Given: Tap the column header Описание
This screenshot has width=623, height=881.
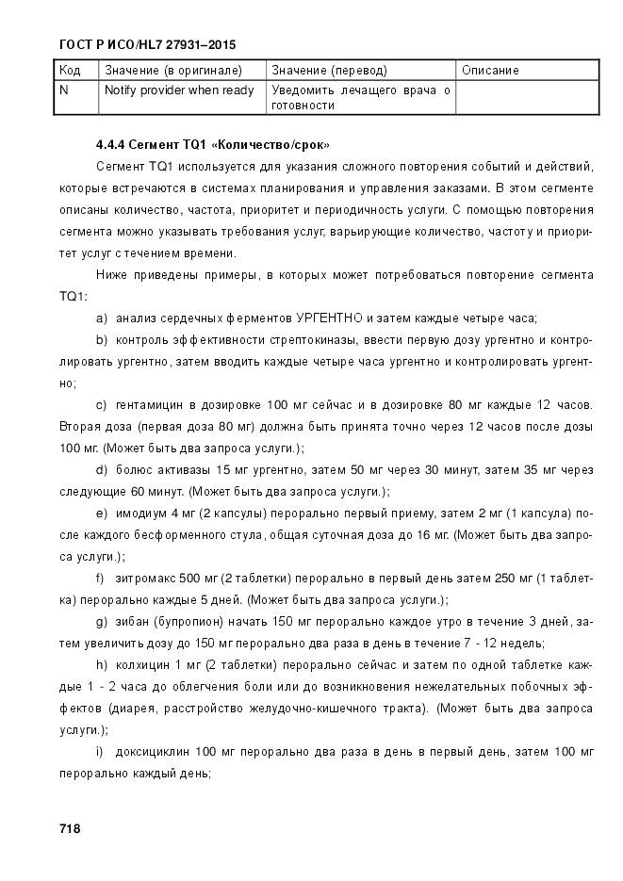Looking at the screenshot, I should coord(490,71).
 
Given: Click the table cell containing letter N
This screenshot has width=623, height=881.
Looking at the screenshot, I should coord(63,90).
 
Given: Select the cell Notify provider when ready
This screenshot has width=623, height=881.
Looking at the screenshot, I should coord(179,90).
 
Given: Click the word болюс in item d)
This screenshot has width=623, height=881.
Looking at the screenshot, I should coord(133,469).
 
